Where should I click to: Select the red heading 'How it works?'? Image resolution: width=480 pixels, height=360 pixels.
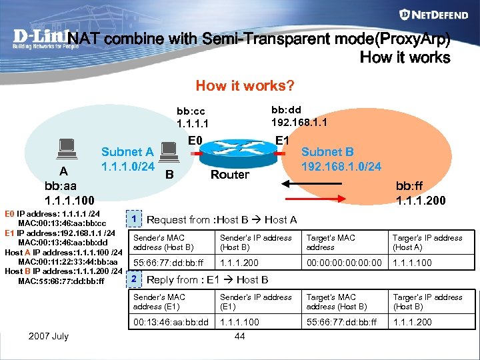(x=245, y=85)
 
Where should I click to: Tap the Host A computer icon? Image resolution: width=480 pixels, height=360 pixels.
(x=65, y=148)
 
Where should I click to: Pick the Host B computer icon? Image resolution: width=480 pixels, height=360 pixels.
(x=169, y=153)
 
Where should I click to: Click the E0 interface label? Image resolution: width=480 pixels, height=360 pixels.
(x=195, y=140)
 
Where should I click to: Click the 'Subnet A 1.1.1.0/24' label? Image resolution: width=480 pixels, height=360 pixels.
(x=127, y=159)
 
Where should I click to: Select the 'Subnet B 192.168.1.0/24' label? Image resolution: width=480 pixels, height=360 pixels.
(x=341, y=159)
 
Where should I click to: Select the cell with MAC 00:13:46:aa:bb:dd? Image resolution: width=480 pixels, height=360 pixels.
(x=171, y=322)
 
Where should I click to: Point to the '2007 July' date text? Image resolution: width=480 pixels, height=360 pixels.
(x=48, y=336)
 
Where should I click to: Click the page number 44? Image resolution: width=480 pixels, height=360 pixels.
(x=240, y=336)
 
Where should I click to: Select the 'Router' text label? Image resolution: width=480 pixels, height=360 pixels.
(x=229, y=175)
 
